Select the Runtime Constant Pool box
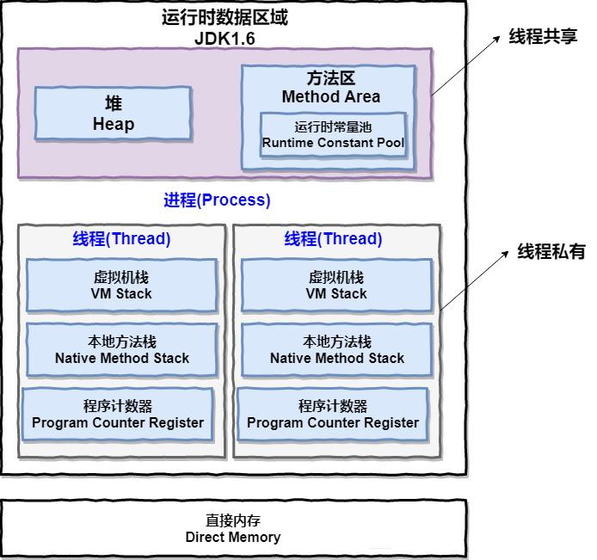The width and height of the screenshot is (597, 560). coord(333,134)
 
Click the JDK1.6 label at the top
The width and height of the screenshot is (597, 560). coord(225,39)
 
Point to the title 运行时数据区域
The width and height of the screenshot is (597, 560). coord(225,17)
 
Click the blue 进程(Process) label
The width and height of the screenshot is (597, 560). coord(217,200)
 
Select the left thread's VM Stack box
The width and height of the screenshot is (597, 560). coord(121,286)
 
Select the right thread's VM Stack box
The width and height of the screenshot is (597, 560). coord(336,286)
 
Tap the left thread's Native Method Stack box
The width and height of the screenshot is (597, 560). coord(121,350)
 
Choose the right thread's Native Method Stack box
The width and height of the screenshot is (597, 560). coord(336,350)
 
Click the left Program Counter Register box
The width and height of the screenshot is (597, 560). coord(118,415)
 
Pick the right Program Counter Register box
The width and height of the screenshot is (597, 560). coord(333,415)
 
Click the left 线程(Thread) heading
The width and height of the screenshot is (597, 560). coord(121,239)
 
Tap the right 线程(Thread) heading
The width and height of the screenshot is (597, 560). coord(333,239)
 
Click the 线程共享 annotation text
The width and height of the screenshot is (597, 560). coord(543,37)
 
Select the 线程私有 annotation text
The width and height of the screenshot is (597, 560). coord(551,252)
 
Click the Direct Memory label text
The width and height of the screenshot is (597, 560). coord(233,537)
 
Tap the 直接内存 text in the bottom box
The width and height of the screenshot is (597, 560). coord(233,520)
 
